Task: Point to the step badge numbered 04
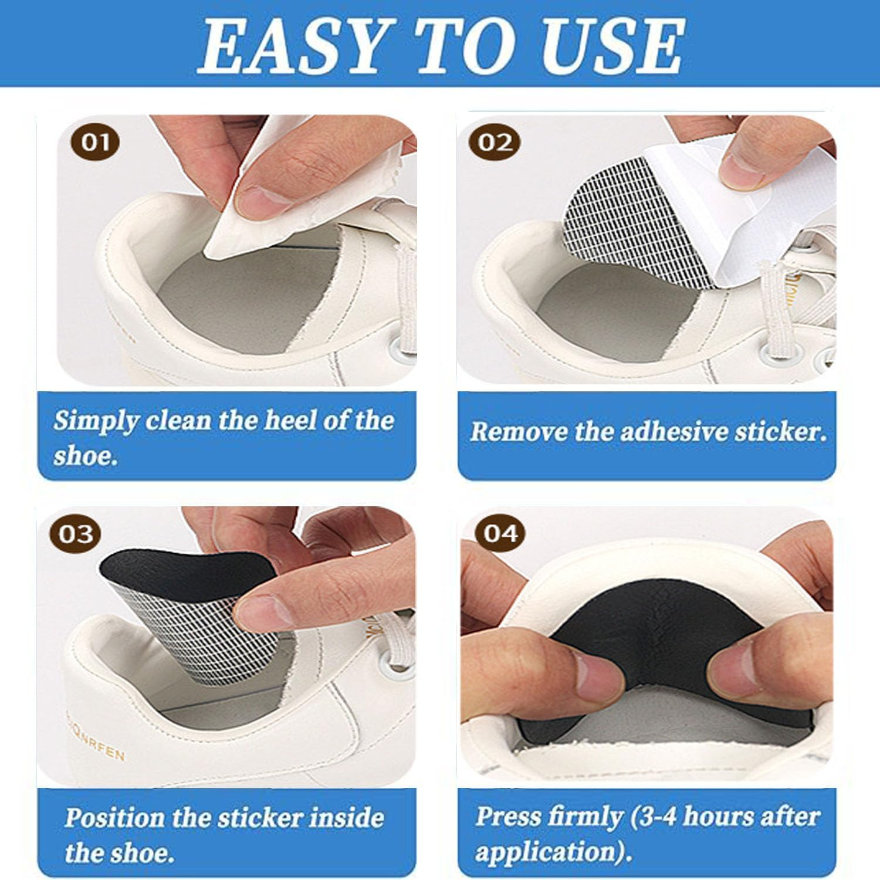coord(500,534)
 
